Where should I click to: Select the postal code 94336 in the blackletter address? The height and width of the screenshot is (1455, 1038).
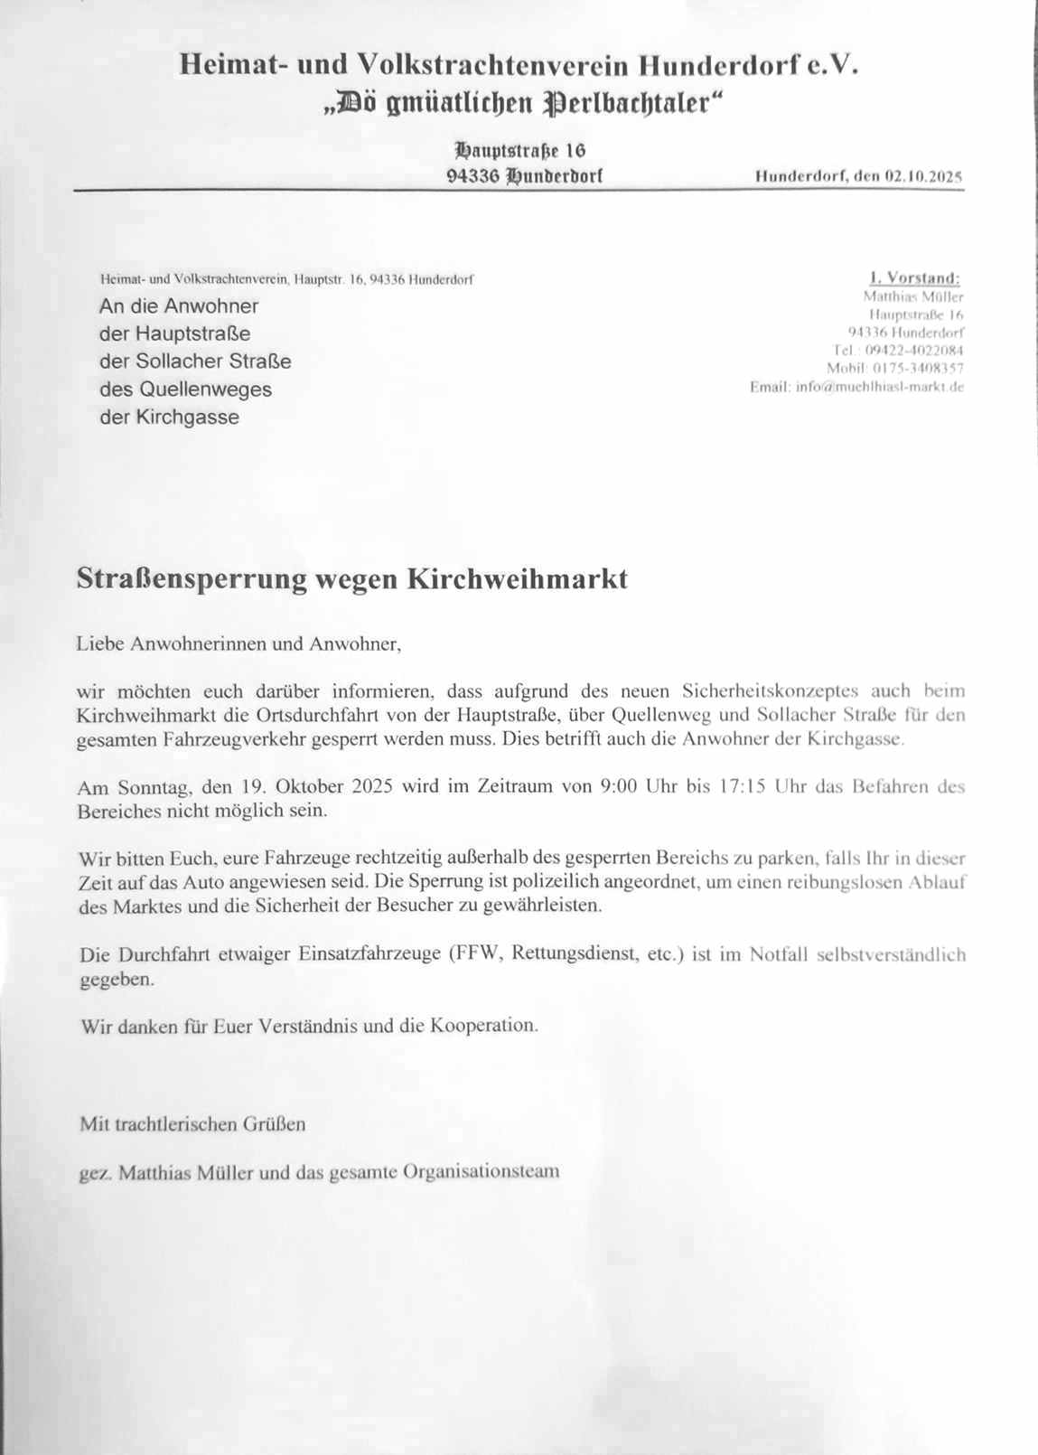(x=472, y=176)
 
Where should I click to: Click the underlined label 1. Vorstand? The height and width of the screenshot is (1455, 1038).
(x=914, y=278)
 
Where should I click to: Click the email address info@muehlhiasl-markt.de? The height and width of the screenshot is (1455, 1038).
(x=880, y=387)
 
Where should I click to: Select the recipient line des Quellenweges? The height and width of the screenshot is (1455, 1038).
(x=185, y=390)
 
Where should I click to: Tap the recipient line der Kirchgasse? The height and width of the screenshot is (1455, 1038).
(x=169, y=418)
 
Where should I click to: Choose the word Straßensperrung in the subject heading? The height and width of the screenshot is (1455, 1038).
(x=192, y=578)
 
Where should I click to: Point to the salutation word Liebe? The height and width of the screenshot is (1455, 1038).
(x=100, y=644)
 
